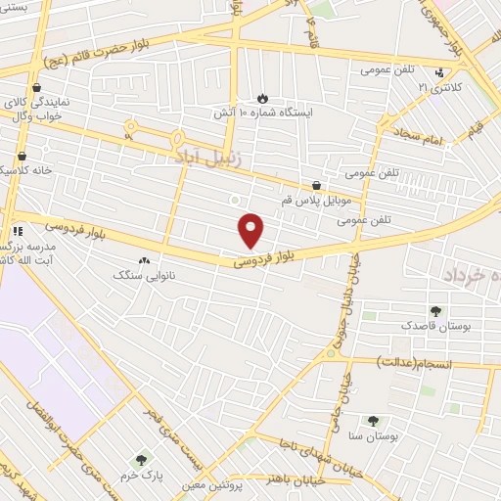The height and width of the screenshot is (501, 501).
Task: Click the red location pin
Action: tap(251, 229)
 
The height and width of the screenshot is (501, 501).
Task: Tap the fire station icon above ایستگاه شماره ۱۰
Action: tap(262, 97)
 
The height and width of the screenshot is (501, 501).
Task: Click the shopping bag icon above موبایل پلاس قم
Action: tap(316, 185)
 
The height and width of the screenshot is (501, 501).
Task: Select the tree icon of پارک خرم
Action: tap(142, 459)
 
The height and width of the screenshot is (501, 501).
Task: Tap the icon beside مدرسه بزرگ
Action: tap(17, 231)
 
